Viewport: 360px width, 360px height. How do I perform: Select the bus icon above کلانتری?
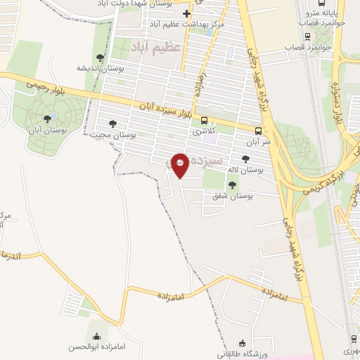204,120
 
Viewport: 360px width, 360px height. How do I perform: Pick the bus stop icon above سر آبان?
259,130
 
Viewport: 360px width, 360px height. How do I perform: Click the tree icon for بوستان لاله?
245,160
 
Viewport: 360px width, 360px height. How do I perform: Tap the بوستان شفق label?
232,195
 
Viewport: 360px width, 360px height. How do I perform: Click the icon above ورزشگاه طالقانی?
242,343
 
